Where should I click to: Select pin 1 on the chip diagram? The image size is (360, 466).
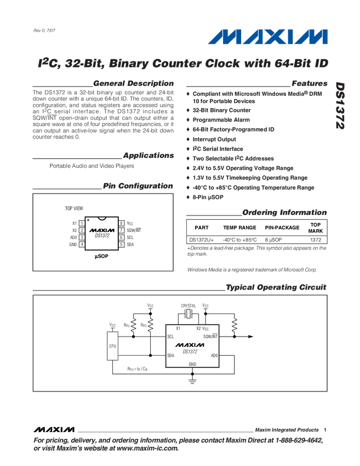[82, 223]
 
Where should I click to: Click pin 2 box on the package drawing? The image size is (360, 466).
[82, 230]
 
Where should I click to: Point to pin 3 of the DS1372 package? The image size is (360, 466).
[82, 237]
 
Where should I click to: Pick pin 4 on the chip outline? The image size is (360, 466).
[82, 245]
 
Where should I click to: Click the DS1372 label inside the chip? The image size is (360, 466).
[102, 236]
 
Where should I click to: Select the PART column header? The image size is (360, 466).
[202, 228]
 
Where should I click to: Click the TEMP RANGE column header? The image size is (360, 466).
[239, 228]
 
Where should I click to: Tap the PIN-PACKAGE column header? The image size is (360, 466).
[282, 228]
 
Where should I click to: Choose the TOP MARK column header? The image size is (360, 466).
[316, 228]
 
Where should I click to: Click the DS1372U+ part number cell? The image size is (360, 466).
[202, 240]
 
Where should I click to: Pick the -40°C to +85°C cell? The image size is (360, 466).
[239, 240]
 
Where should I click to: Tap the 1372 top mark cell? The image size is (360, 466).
[316, 240]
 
